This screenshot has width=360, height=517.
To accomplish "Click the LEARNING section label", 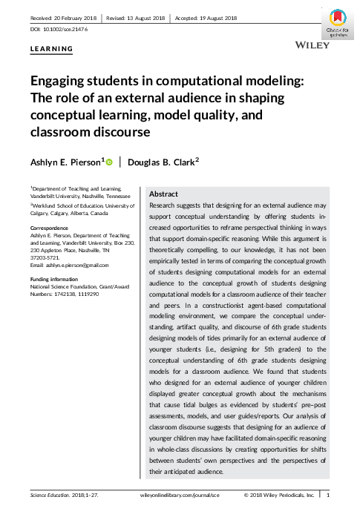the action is (51, 50).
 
